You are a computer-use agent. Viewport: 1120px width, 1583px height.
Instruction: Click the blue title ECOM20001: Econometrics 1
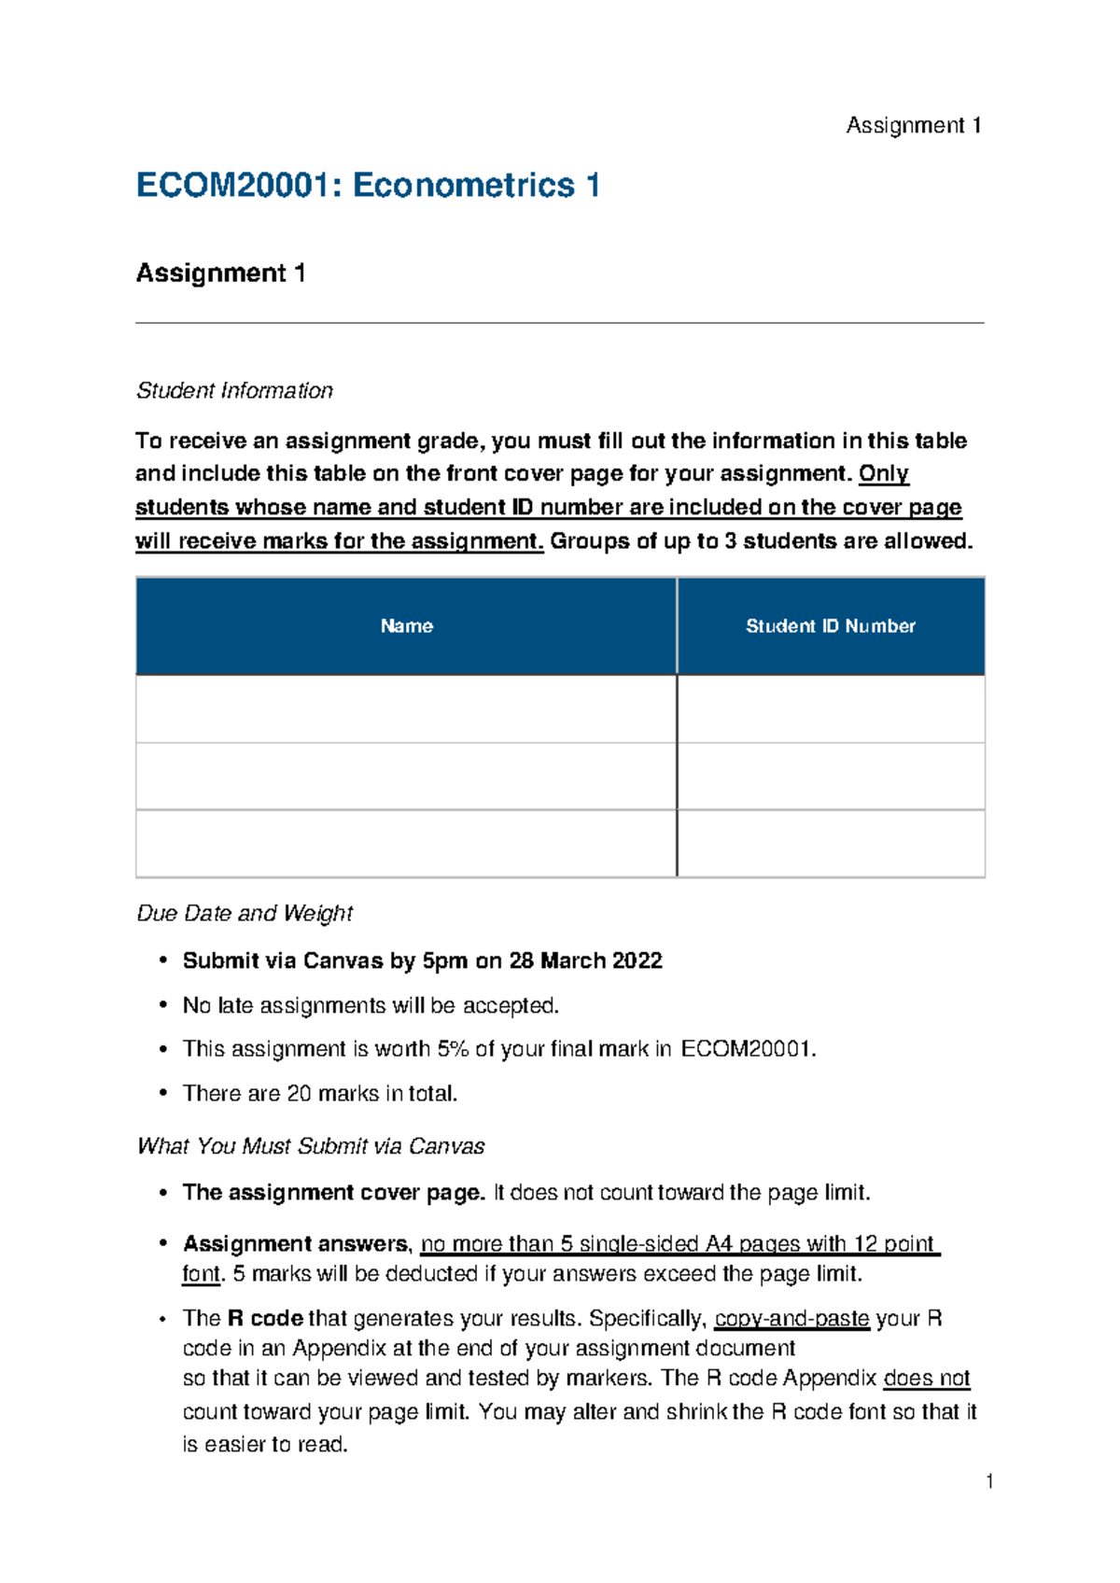point(367,186)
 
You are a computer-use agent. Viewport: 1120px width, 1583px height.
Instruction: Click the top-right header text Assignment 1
point(913,126)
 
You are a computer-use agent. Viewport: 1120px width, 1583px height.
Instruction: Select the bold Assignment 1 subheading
point(220,273)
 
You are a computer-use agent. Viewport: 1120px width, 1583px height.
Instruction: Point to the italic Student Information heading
point(234,391)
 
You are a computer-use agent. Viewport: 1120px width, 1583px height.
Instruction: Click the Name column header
point(406,626)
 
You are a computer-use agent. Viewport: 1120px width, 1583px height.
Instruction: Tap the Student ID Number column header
point(830,626)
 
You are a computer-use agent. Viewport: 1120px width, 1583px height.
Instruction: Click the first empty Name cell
point(406,709)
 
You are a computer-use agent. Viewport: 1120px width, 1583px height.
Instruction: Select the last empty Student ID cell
point(830,844)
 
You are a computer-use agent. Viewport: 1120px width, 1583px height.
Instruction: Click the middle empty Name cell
point(406,777)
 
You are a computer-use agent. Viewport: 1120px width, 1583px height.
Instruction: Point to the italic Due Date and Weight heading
point(245,914)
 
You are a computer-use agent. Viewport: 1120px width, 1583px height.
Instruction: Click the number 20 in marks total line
point(299,1094)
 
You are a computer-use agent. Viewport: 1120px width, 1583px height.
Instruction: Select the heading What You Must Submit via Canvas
point(311,1146)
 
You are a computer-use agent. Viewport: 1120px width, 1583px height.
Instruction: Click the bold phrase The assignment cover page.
point(334,1193)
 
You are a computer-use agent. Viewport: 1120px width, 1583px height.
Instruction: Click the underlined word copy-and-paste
point(791,1319)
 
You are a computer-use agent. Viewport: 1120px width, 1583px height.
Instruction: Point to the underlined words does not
point(927,1379)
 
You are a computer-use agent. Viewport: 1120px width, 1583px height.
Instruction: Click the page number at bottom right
point(989,1481)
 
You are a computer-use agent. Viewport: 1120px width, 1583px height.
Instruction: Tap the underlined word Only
point(883,474)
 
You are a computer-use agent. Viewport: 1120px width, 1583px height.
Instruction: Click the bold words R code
point(265,1319)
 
